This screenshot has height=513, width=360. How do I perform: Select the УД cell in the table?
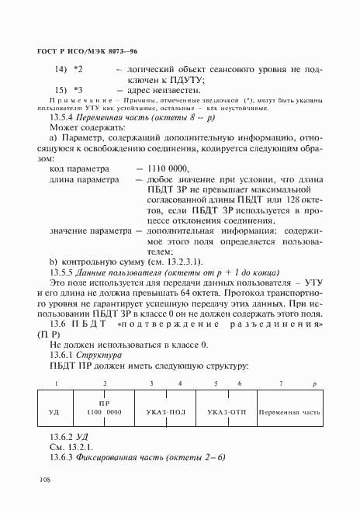click(x=54, y=411)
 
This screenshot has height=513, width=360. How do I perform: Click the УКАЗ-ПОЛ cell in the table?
click(x=164, y=411)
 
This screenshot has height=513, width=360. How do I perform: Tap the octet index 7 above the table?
click(x=280, y=383)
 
